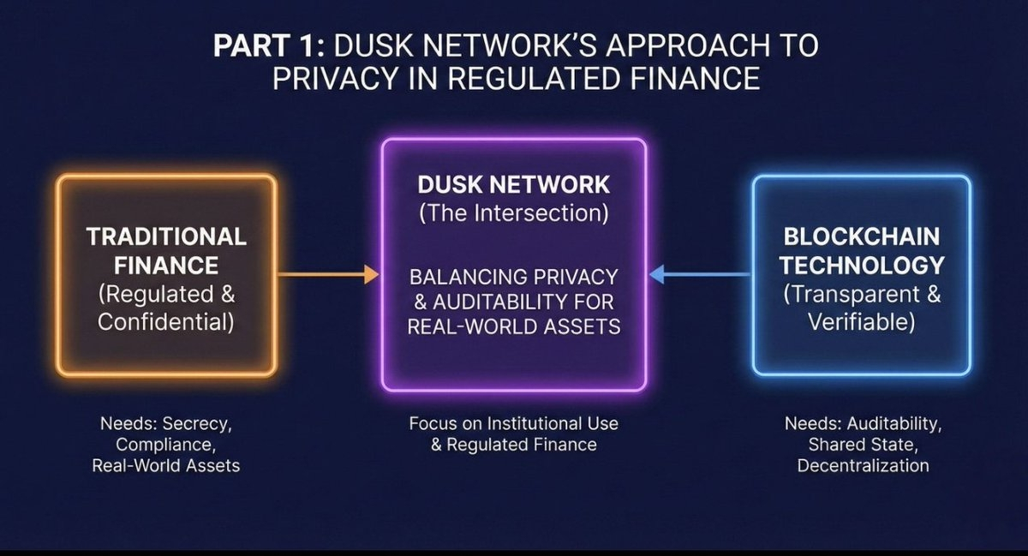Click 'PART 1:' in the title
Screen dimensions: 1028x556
(269, 45)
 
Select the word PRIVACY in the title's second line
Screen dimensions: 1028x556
(335, 78)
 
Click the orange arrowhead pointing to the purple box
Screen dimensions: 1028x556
(372, 274)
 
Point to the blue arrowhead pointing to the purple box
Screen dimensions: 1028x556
(657, 274)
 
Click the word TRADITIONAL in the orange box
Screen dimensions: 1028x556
(166, 237)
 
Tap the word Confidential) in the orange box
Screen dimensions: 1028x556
(166, 322)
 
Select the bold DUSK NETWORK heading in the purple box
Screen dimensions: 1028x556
(513, 184)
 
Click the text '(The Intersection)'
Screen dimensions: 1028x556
(514, 213)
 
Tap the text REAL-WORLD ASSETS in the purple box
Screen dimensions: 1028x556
(514, 327)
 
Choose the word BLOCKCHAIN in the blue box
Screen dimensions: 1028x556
(862, 237)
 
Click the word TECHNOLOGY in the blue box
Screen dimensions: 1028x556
(862, 266)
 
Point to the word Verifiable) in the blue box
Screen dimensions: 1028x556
(862, 322)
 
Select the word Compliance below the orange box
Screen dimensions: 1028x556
(164, 445)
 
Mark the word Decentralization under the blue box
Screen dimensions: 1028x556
(863, 465)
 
